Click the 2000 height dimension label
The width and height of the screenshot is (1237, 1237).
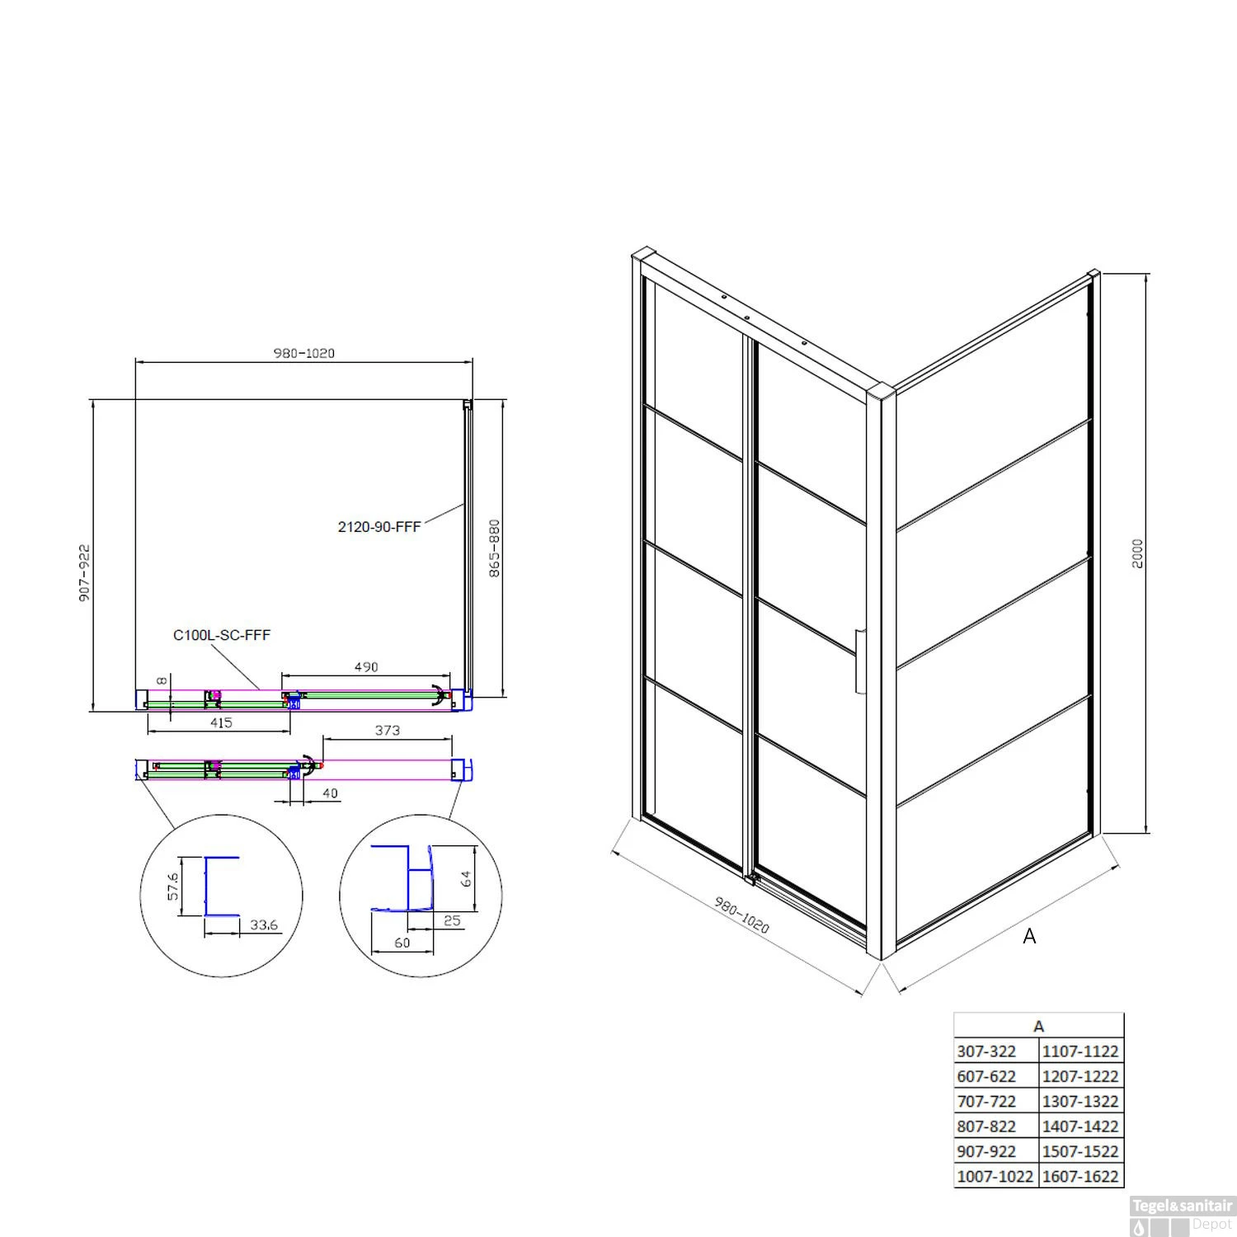click(1138, 553)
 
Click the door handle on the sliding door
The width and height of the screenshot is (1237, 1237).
click(860, 661)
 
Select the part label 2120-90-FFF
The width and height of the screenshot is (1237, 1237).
click(379, 526)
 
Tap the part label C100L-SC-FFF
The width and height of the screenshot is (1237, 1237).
click(222, 635)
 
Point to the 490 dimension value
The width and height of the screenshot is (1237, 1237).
click(366, 666)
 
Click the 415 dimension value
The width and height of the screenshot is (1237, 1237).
click(221, 722)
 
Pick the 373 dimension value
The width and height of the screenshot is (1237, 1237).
click(387, 730)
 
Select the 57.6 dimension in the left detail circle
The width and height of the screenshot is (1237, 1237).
click(173, 887)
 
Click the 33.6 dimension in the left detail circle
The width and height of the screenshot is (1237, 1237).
click(264, 925)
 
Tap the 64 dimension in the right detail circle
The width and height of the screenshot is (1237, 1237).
click(466, 879)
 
